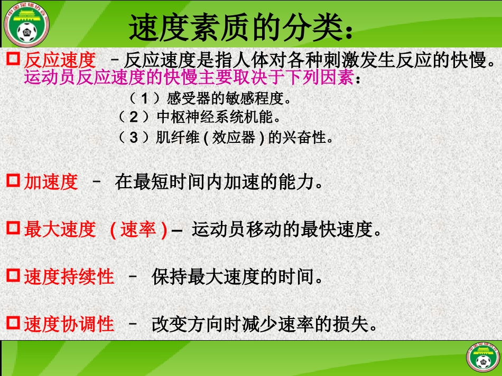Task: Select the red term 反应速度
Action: tap(60, 60)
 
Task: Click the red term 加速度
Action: tap(51, 182)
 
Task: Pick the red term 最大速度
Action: tap(60, 229)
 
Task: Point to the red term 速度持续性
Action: tap(69, 276)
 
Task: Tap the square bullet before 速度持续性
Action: tap(13, 276)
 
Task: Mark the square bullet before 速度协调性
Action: tap(13, 323)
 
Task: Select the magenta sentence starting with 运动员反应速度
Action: tap(189, 79)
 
